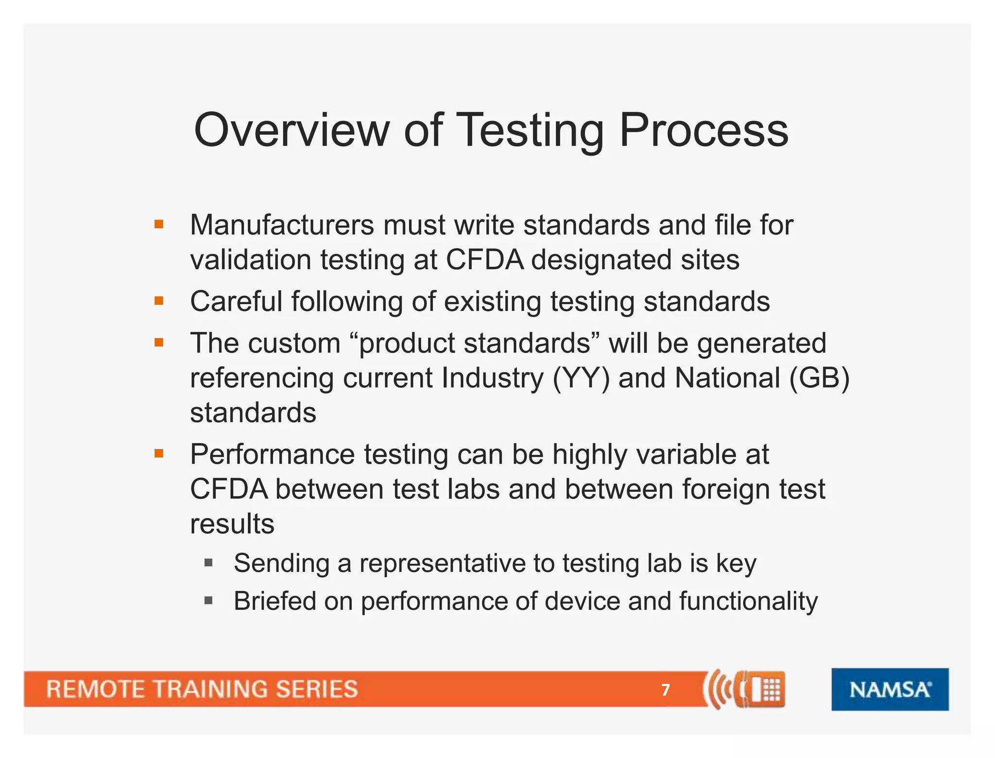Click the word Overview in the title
pyautogui.click(x=292, y=130)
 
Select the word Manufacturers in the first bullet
pyautogui.click(x=282, y=225)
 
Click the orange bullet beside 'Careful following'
pyautogui.click(x=159, y=301)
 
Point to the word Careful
pyautogui.click(x=236, y=301)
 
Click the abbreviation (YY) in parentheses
pyautogui.click(x=581, y=378)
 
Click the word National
pyautogui.click(x=727, y=378)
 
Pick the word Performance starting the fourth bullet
pyautogui.click(x=272, y=455)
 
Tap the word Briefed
pyautogui.click(x=275, y=602)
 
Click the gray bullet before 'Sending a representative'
pyautogui.click(x=209, y=563)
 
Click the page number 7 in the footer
pyautogui.click(x=666, y=689)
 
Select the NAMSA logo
pyautogui.click(x=890, y=689)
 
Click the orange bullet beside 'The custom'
pyautogui.click(x=159, y=343)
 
